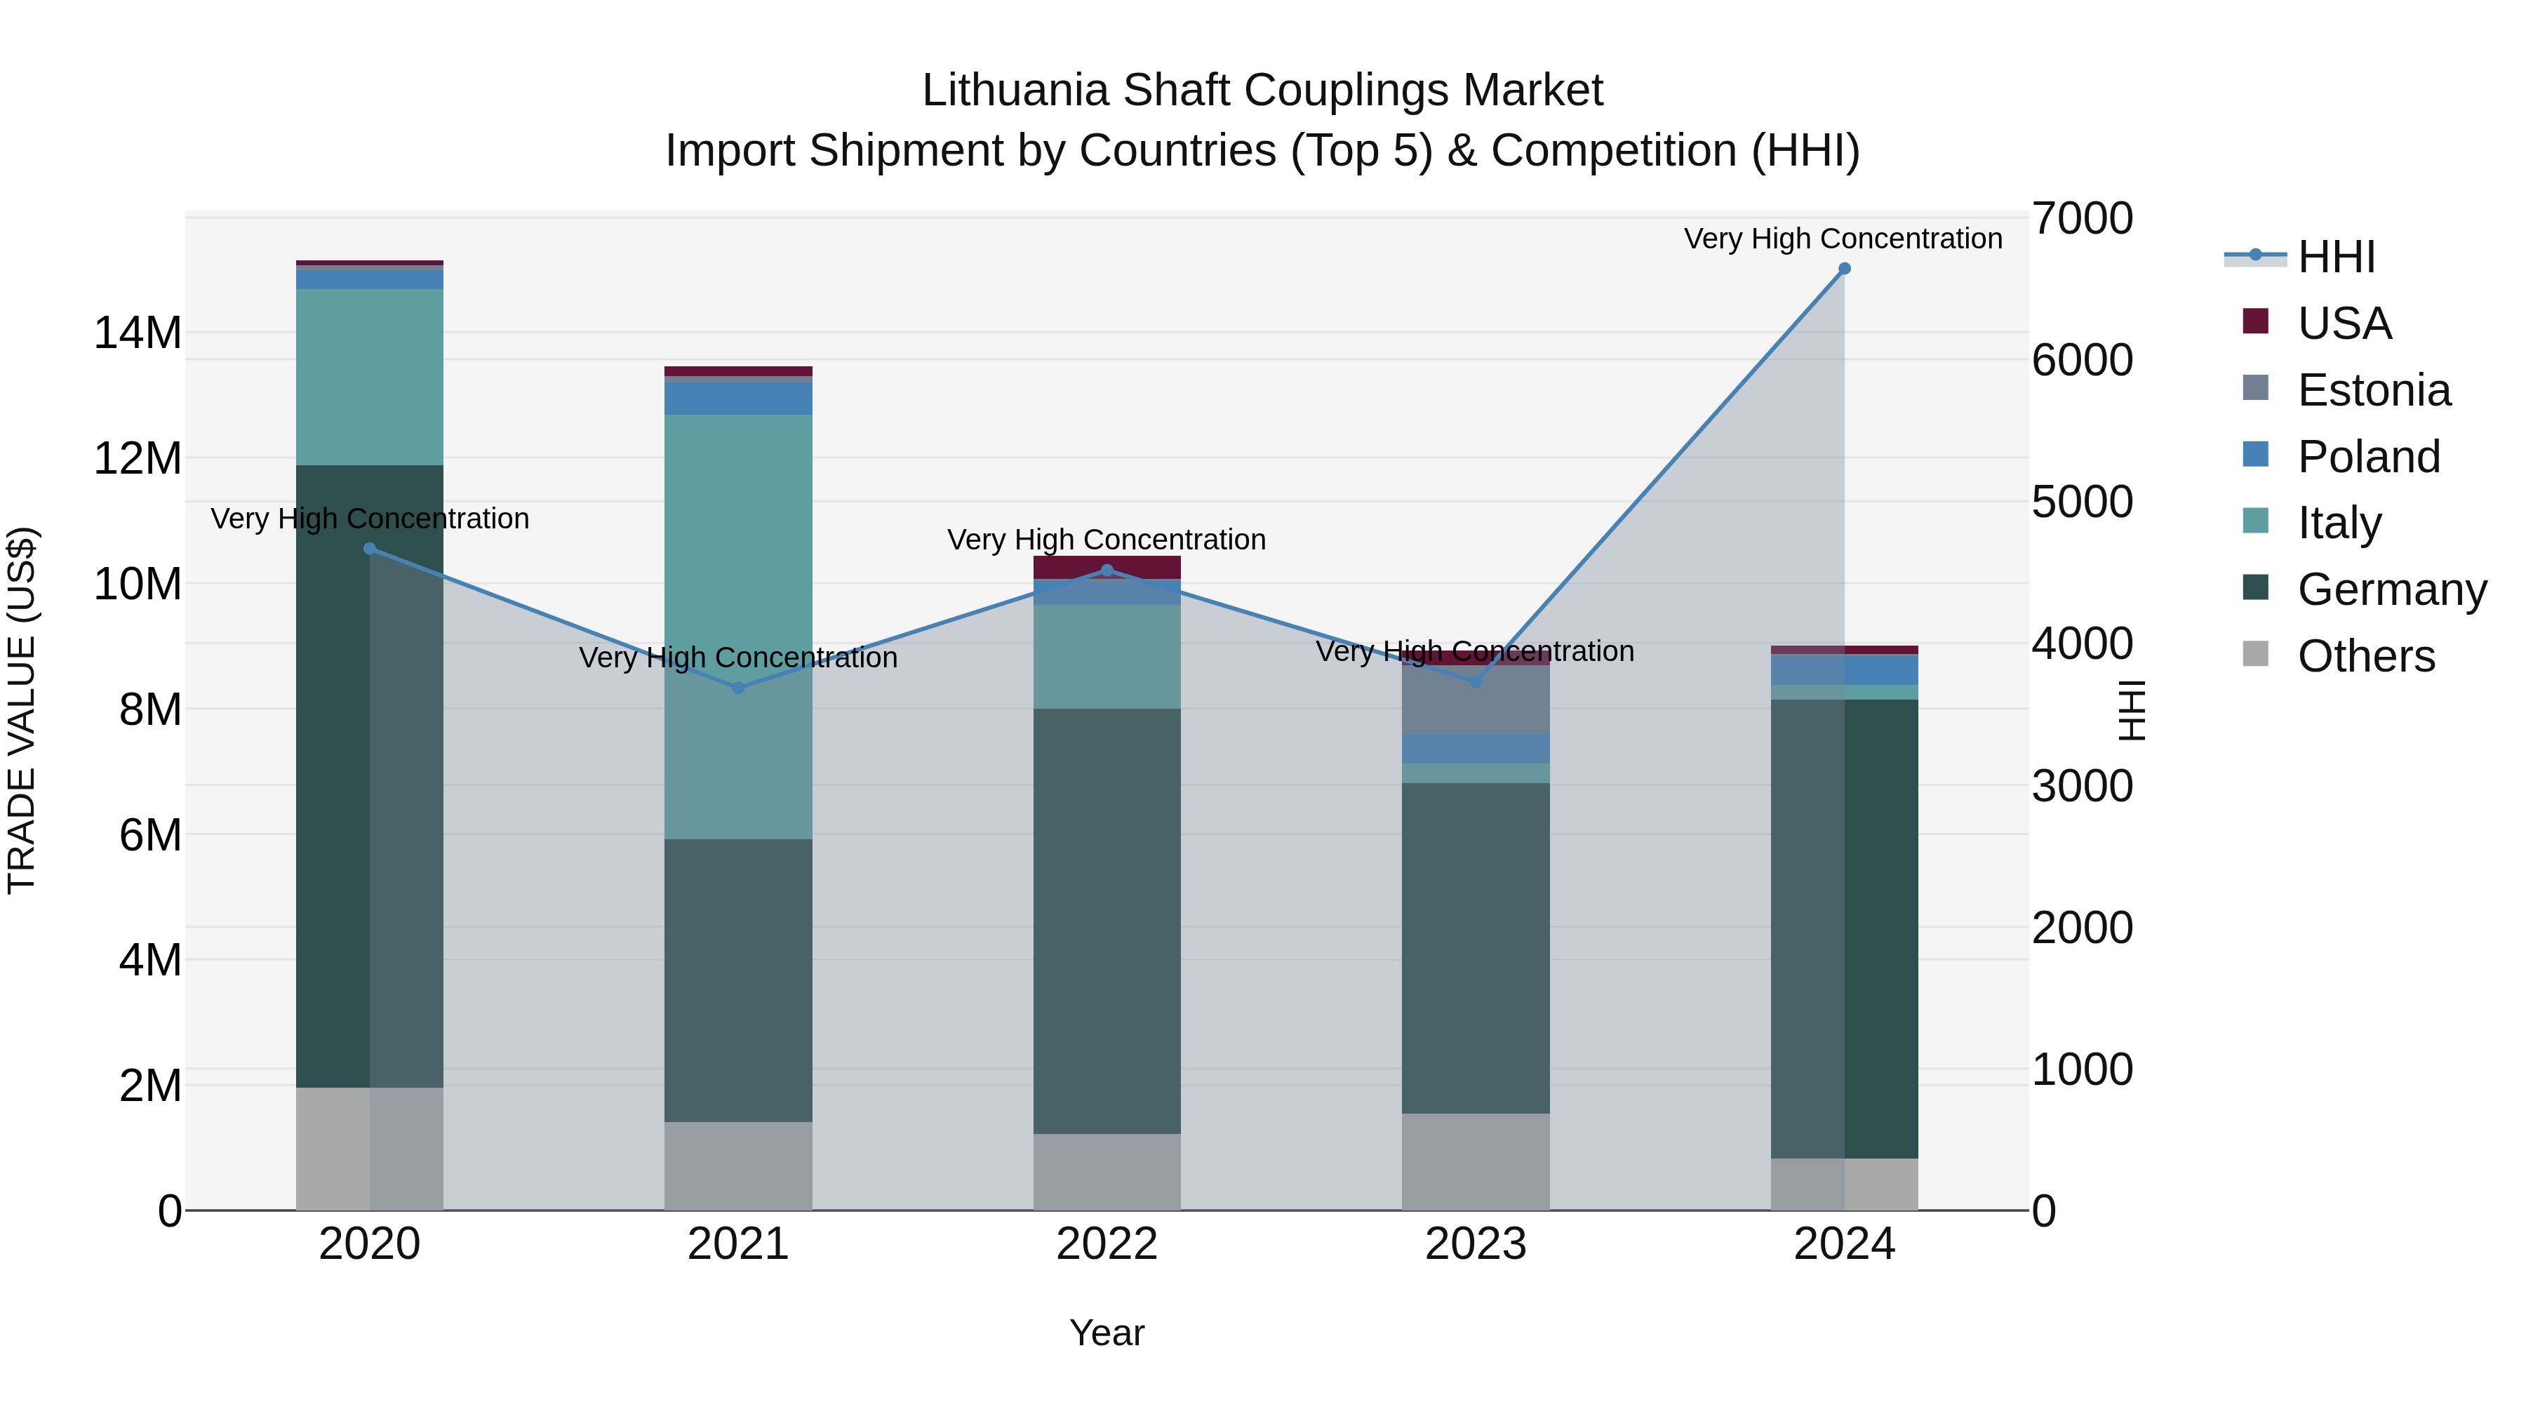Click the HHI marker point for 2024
tap(1843, 269)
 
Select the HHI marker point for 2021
tap(738, 688)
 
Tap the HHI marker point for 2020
tap(370, 549)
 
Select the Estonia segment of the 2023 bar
tap(1476, 699)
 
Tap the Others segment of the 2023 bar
tap(1476, 1161)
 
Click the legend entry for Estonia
tap(2373, 390)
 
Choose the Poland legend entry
tap(2368, 457)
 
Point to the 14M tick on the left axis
tap(138, 333)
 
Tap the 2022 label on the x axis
tap(1107, 1244)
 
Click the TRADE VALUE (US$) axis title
tap(22, 710)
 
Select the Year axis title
tap(1107, 1333)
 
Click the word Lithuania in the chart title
tap(1015, 91)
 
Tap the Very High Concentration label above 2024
tap(1843, 239)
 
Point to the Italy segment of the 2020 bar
tap(370, 377)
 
